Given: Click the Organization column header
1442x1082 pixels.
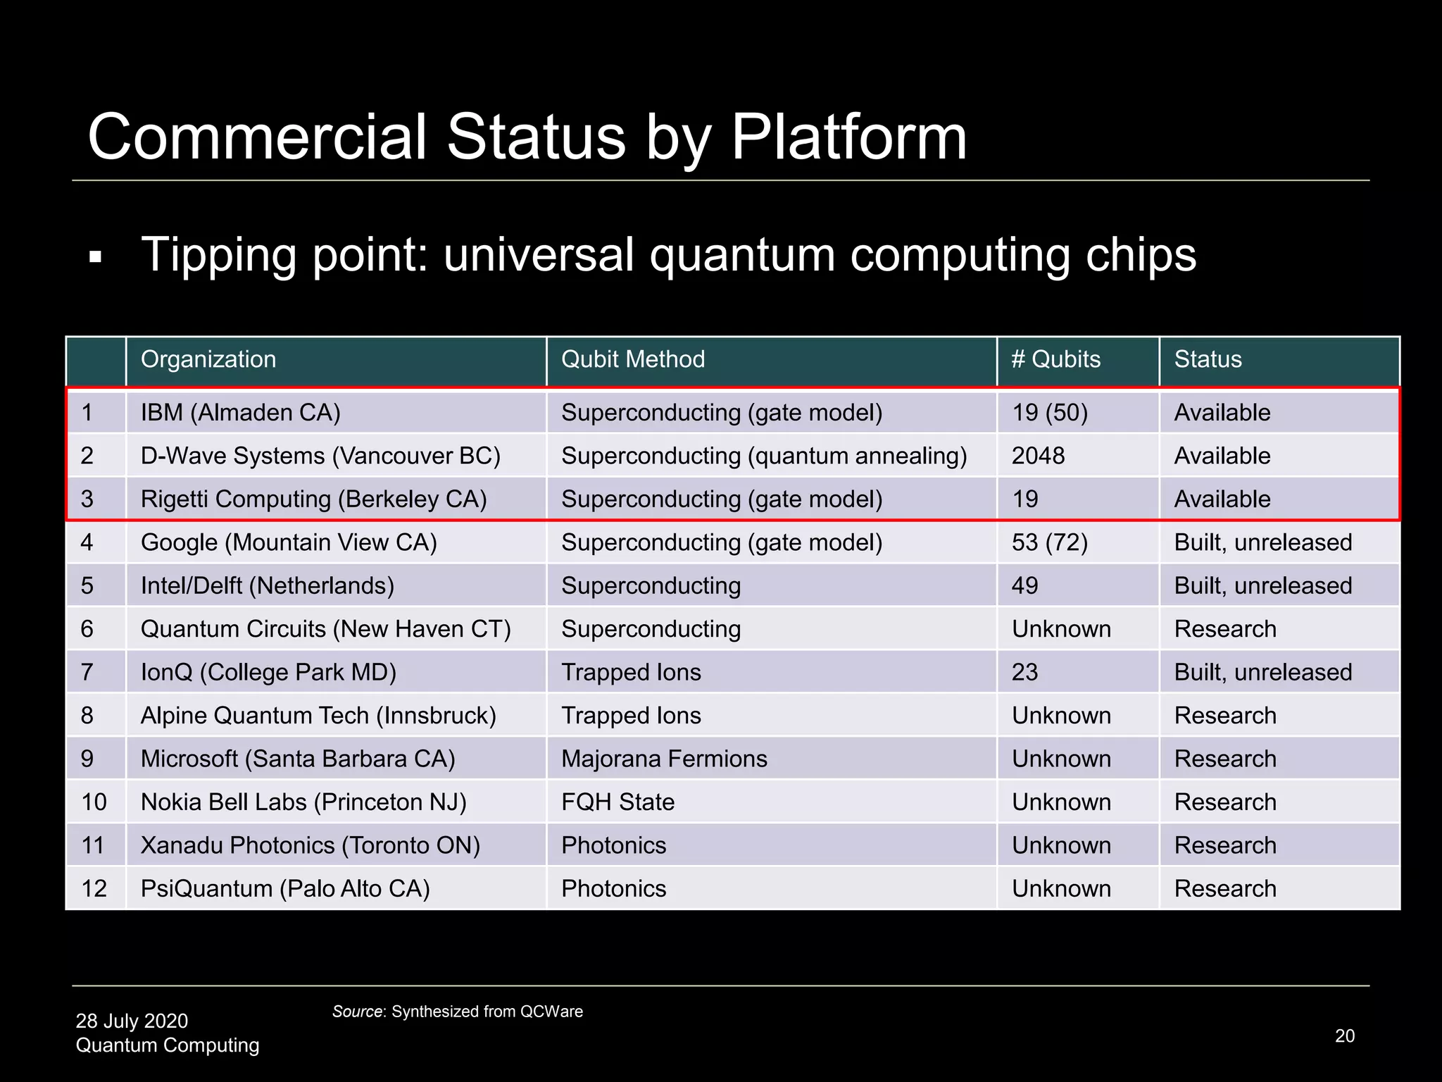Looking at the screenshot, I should pyautogui.click(x=208, y=360).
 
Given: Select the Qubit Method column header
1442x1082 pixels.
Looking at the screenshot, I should pyautogui.click(x=632, y=360).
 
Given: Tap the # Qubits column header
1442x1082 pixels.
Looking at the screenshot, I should pyautogui.click(x=1055, y=360).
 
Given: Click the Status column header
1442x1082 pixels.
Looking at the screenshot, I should pyautogui.click(x=1208, y=360).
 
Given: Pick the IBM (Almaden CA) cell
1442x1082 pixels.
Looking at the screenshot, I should pyautogui.click(x=240, y=413).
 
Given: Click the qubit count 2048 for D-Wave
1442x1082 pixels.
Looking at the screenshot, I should pyautogui.click(x=1038, y=456).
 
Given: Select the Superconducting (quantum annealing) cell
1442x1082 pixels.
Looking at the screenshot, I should pyautogui.click(x=764, y=456).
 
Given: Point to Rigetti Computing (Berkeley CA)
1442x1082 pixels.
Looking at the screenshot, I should pyautogui.click(x=313, y=499).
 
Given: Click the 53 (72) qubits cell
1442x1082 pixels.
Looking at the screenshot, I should pyautogui.click(x=1049, y=542).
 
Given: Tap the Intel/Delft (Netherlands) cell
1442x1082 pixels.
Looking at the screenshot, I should pyautogui.click(x=267, y=586).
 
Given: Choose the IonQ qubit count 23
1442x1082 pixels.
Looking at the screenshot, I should pyautogui.click(x=1024, y=673).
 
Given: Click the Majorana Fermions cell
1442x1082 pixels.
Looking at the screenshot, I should pyautogui.click(x=664, y=759).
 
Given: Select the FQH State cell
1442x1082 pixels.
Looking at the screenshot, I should pyautogui.click(x=617, y=802).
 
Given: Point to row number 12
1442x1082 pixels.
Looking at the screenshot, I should pyautogui.click(x=94, y=889).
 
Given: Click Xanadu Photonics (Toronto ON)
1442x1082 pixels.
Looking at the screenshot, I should pyautogui.click(x=310, y=846).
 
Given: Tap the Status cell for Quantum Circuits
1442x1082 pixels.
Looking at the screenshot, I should pyautogui.click(x=1225, y=629).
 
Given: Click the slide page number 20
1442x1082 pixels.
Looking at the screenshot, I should pyautogui.click(x=1344, y=1036).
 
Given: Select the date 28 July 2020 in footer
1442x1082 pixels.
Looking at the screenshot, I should pyautogui.click(x=132, y=1021).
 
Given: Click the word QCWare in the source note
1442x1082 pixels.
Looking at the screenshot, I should pyautogui.click(x=551, y=1012).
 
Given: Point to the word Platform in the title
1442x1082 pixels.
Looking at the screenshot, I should pyautogui.click(x=848, y=137).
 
